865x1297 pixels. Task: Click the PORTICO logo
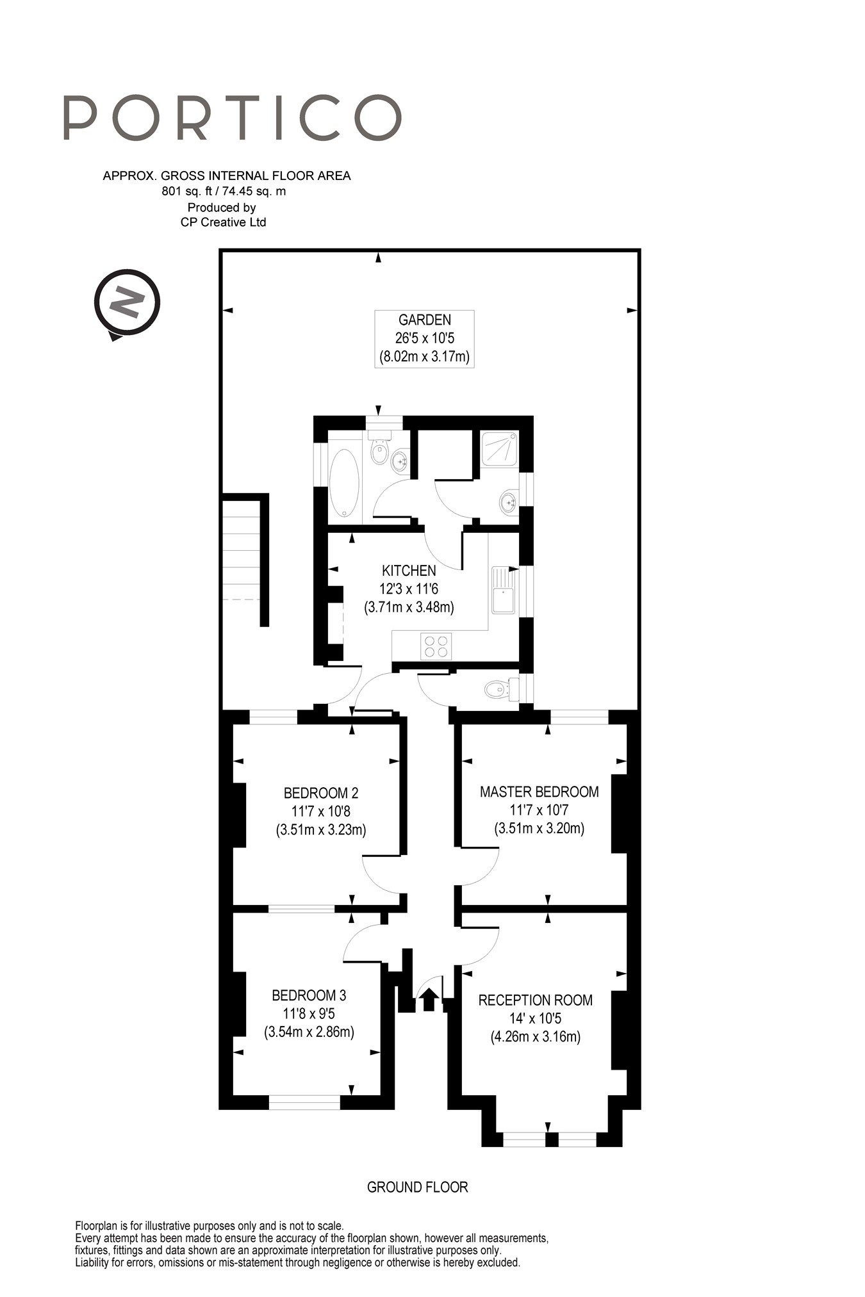click(x=233, y=118)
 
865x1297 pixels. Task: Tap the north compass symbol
click(x=127, y=303)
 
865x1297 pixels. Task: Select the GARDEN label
click(x=424, y=320)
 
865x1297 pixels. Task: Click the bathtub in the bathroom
click(x=345, y=483)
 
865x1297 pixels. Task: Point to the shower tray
click(x=500, y=449)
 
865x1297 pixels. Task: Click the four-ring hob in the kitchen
click(x=436, y=646)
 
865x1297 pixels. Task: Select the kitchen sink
click(x=504, y=590)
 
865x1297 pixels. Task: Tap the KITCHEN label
click(x=409, y=571)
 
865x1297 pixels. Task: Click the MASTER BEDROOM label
click(x=540, y=792)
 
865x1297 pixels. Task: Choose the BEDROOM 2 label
click(x=321, y=793)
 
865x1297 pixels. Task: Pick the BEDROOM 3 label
click(x=309, y=995)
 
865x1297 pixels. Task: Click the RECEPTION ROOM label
click(x=536, y=1000)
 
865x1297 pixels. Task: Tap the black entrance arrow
click(x=429, y=1000)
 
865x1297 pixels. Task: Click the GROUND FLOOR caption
click(x=418, y=1187)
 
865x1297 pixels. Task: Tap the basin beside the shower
click(x=509, y=502)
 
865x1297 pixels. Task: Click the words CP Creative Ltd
click(x=223, y=222)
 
